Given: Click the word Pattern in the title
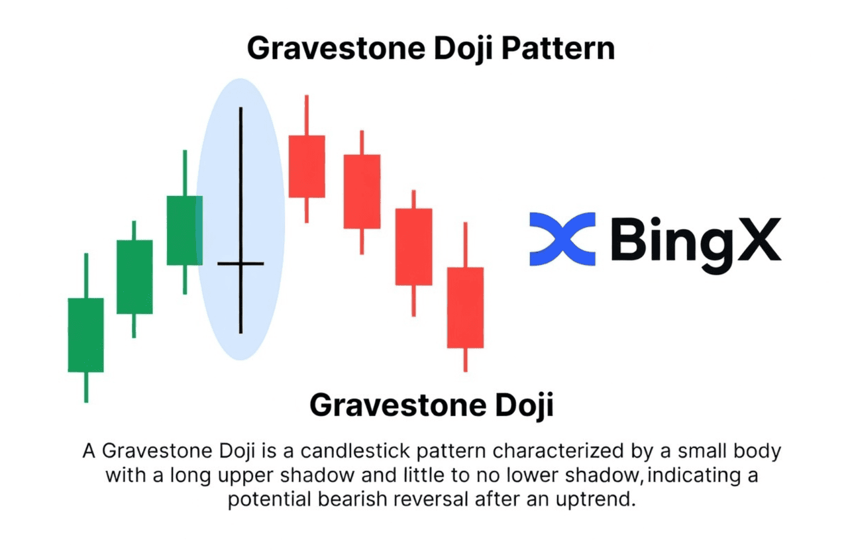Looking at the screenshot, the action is coord(558,48).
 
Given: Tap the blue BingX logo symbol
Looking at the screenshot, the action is coord(562,239).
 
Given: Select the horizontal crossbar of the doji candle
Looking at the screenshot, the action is coord(240,264).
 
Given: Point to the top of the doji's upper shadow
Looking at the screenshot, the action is coord(240,108).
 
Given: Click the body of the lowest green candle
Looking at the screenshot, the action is coord(85,335).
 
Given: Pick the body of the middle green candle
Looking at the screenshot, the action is coord(134,277).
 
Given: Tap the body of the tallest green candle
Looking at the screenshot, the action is coord(185,230).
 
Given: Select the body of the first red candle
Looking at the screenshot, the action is coord(307,166).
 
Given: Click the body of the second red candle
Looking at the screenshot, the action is coord(362,191).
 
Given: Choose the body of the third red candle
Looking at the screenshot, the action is coord(414,247).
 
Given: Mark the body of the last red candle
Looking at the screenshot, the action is coord(465,308).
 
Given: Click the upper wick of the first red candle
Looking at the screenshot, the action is coord(307,115).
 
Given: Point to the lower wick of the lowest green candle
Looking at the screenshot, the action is coord(86,387).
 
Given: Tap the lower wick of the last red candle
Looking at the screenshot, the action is coord(465,360).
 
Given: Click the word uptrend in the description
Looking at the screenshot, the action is coord(596,499).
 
